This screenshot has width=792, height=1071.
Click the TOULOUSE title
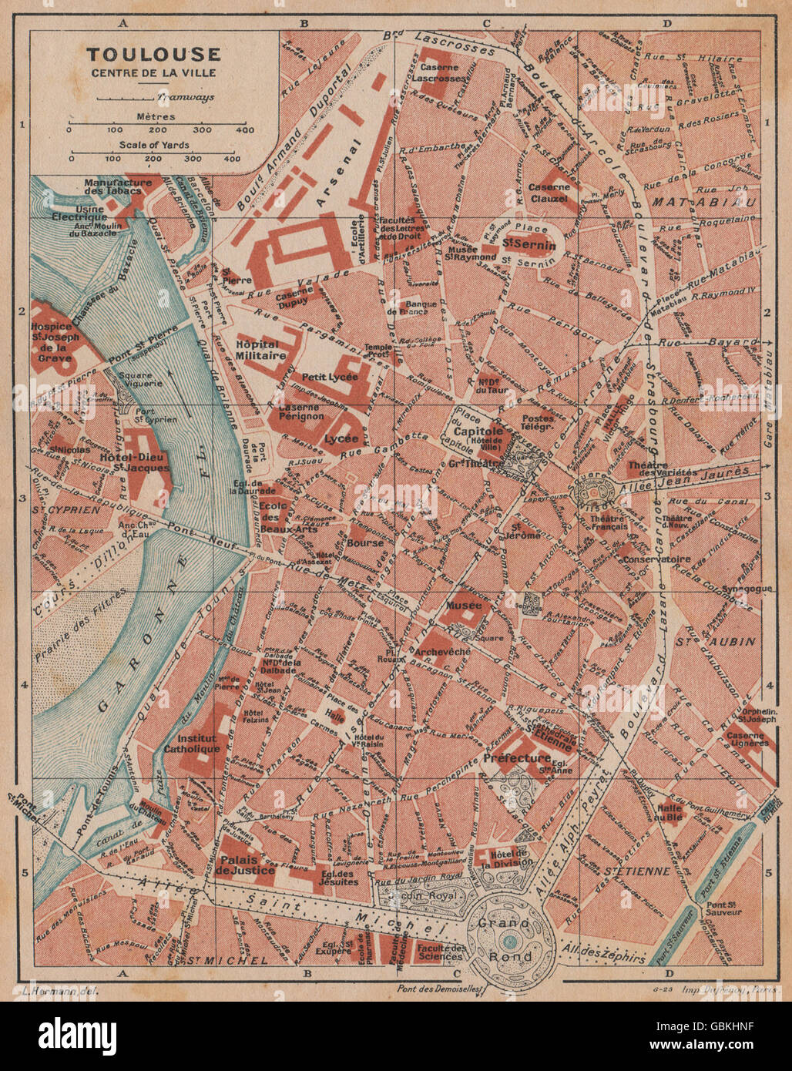[x=153, y=54]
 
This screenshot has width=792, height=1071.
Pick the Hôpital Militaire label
[x=261, y=350]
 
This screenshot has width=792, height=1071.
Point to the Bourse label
[x=365, y=542]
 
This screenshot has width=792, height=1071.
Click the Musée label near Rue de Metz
[x=463, y=606]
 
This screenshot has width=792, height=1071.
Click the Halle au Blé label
[x=670, y=813]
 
